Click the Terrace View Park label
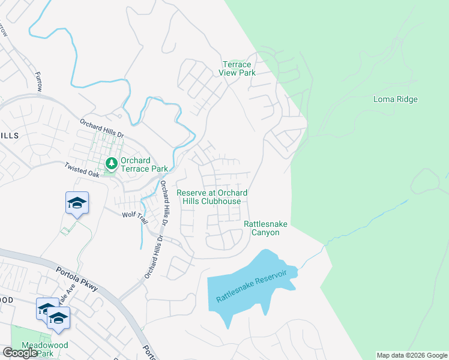coord(239,68)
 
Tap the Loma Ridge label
coord(395,99)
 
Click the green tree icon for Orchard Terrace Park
coord(111,163)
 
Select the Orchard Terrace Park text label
coord(144,164)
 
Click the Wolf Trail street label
coord(134,217)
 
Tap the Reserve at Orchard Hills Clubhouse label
coord(212,197)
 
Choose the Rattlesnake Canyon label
coord(265,228)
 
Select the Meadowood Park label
coord(44,349)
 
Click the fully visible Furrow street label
coord(39,82)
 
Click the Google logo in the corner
coord(19,353)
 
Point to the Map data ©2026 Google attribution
coord(412,355)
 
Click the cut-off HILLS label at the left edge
coord(9,136)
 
